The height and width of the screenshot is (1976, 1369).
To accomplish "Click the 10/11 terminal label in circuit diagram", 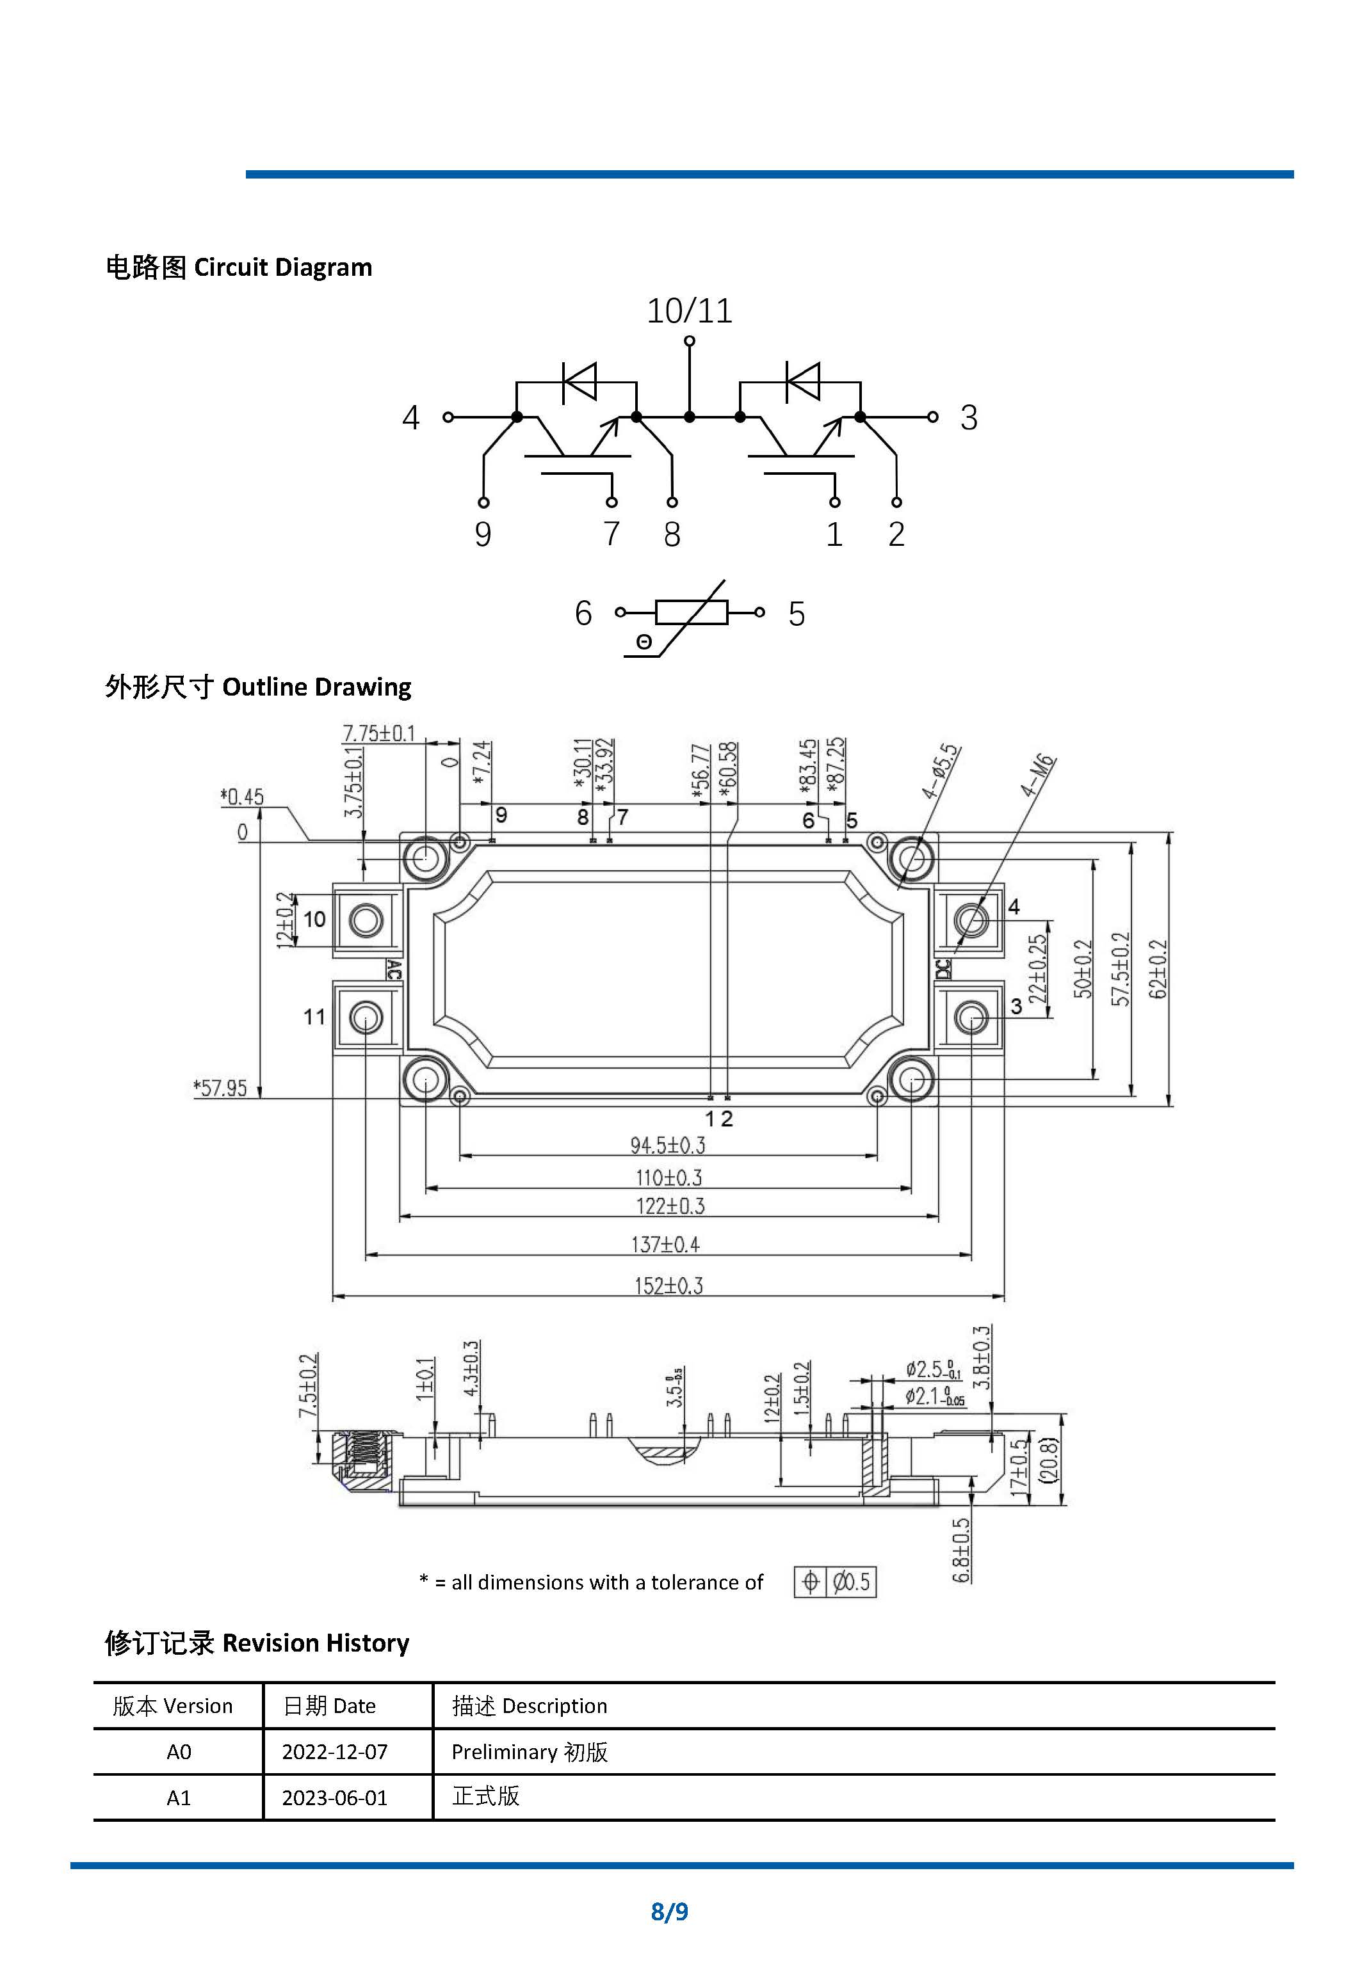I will pos(689,310).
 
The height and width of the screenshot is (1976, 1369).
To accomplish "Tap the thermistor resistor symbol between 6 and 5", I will pos(692,612).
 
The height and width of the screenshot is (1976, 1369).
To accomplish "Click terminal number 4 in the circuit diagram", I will pos(411,417).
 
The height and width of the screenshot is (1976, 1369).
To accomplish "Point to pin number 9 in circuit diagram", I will pos(483,534).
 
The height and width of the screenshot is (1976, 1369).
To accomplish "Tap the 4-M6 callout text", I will pos(1038,776).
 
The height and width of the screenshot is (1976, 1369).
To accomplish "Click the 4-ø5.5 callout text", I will pos(941,772).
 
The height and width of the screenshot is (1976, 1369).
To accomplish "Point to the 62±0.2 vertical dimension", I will pos(1158,969).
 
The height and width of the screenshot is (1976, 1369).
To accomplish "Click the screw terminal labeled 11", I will pos(366,1017).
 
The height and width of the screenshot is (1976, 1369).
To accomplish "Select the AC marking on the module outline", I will pos(394,969).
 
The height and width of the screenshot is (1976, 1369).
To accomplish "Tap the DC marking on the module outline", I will pos(943,969).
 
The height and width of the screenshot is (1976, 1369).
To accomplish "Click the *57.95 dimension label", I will pos(220,1088).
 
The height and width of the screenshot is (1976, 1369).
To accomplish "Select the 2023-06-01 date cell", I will pos(334,1797).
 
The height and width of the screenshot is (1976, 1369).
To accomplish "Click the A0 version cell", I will pos(179,1751).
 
